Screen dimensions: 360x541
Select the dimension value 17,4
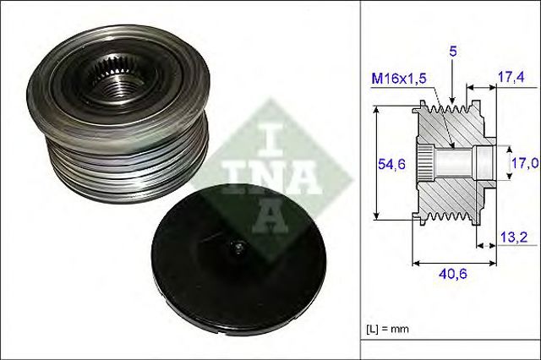tap(511, 77)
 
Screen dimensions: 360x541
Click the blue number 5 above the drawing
tap(453, 52)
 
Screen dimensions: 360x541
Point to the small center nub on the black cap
tap(239, 248)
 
